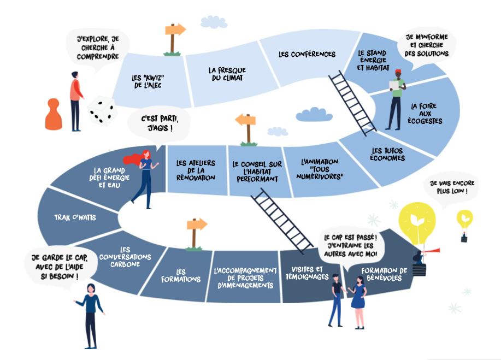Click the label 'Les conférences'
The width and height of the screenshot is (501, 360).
[x=307, y=54]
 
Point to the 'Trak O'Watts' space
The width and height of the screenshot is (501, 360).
[x=75, y=217]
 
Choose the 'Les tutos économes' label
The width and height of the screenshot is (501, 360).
[x=388, y=154]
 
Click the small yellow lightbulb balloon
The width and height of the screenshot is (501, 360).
[x=464, y=219]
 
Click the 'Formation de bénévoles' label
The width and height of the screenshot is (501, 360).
[x=384, y=274]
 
